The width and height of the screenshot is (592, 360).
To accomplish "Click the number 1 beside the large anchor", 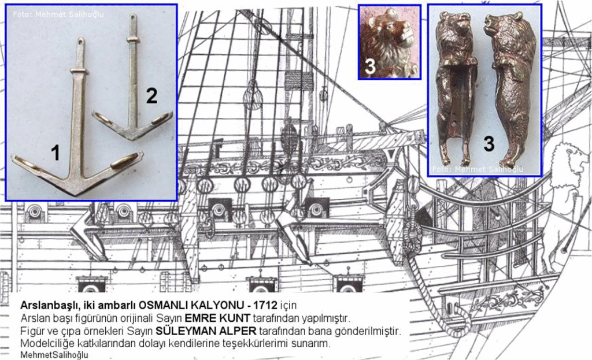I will (x=55, y=153).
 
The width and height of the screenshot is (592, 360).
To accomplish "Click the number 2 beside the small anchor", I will (x=151, y=96).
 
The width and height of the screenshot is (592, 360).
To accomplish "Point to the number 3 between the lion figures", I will (x=489, y=143).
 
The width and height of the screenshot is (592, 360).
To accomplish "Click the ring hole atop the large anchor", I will (x=80, y=43).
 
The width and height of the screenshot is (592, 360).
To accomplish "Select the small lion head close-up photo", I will (x=388, y=41).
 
